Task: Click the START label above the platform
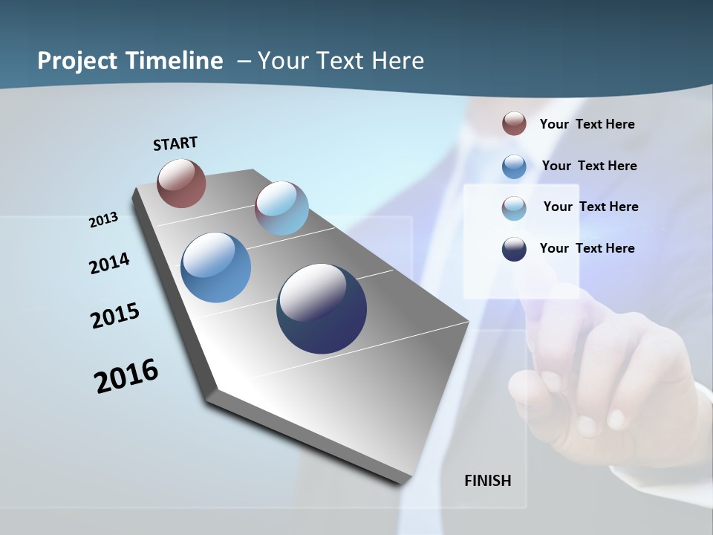pos(175,143)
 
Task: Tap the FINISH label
pos(488,481)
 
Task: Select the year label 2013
pos(103,220)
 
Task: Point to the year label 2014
pos(110,264)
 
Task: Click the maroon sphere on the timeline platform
pos(181,183)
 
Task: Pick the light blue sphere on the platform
pos(281,208)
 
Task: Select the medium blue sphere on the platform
pos(215,267)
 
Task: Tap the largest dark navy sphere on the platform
pos(322,308)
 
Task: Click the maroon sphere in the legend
pos(514,124)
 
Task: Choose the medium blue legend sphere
pos(514,166)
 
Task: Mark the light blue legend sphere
pos(514,208)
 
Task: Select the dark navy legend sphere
pos(514,249)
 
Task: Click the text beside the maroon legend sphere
pos(587,124)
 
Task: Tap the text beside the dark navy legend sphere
pos(587,248)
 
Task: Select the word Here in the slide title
pos(398,61)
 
